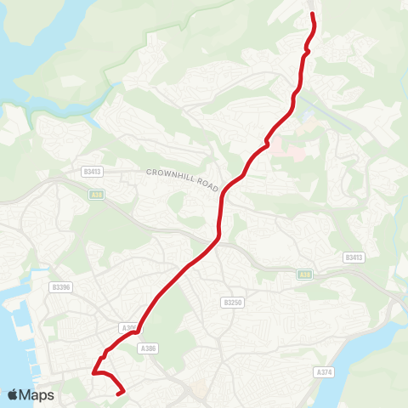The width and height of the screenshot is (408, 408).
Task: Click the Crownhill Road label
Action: coord(183,179)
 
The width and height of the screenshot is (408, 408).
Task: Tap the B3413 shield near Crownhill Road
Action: coord(93,171)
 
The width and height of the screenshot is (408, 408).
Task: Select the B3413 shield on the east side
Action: coord(354,257)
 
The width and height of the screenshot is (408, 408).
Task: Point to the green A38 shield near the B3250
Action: coord(304,275)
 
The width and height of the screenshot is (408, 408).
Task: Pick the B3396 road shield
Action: coord(60,287)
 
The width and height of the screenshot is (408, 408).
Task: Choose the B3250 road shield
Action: coord(233,303)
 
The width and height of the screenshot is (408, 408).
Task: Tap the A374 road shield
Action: coord(323,372)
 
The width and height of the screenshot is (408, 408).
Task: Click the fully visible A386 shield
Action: coord(149,348)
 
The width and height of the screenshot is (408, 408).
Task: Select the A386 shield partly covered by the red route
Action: coord(128,327)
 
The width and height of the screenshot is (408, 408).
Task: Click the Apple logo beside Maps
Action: coord(13,394)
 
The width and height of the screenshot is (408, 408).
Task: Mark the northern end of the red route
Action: coord(313,14)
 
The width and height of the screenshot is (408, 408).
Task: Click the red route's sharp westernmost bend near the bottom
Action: coord(93,372)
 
